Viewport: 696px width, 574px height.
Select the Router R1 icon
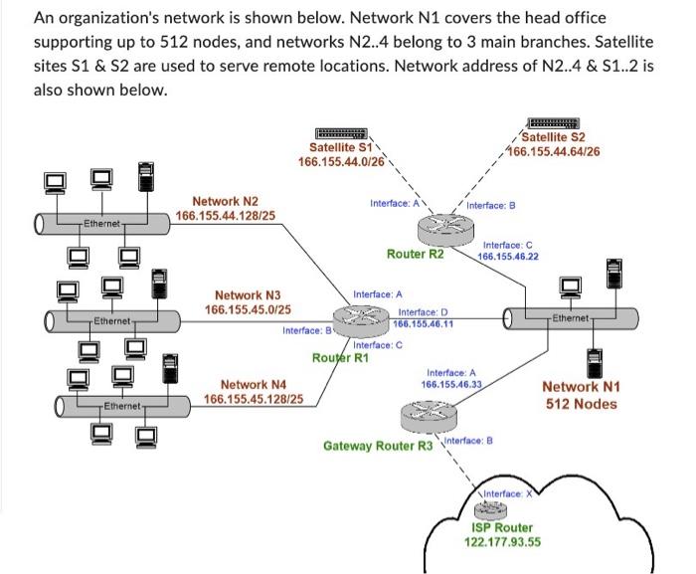point(359,319)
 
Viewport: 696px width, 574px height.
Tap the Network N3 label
point(248,295)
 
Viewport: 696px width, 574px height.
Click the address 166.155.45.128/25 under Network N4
point(254,400)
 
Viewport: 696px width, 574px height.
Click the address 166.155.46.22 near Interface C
point(508,256)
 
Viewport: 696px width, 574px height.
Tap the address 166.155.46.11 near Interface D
point(424,324)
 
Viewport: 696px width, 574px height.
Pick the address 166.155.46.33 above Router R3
point(451,383)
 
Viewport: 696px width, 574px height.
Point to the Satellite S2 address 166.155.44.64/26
point(553,151)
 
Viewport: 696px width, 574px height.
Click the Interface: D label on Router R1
point(422,312)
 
